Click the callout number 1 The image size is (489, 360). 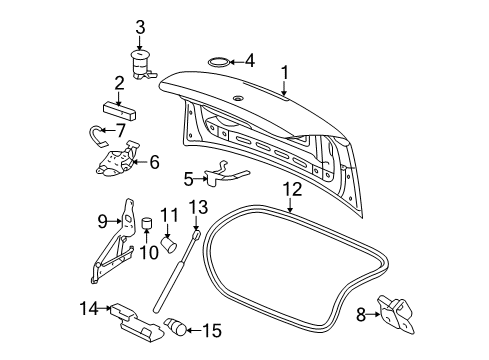[284, 72]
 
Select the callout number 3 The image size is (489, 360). [141, 27]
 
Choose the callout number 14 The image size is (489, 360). [89, 309]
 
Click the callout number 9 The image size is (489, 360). [102, 221]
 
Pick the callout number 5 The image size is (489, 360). [189, 180]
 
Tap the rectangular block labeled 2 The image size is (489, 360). [117, 103]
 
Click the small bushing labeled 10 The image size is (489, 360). [144, 222]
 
